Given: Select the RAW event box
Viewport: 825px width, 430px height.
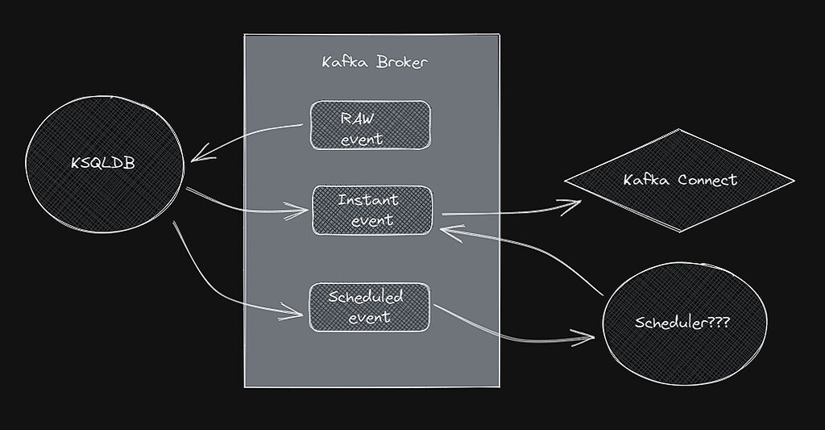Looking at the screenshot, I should [x=370, y=125].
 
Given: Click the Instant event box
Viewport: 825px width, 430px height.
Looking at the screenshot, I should [x=371, y=210].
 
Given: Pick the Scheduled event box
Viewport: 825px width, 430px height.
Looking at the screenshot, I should [x=369, y=307].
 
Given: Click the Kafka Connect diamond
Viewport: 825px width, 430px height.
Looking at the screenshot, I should [x=680, y=180].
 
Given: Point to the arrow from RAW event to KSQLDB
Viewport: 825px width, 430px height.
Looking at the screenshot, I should [x=250, y=140].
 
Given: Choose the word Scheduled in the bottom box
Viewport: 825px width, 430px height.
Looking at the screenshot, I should [x=366, y=297].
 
